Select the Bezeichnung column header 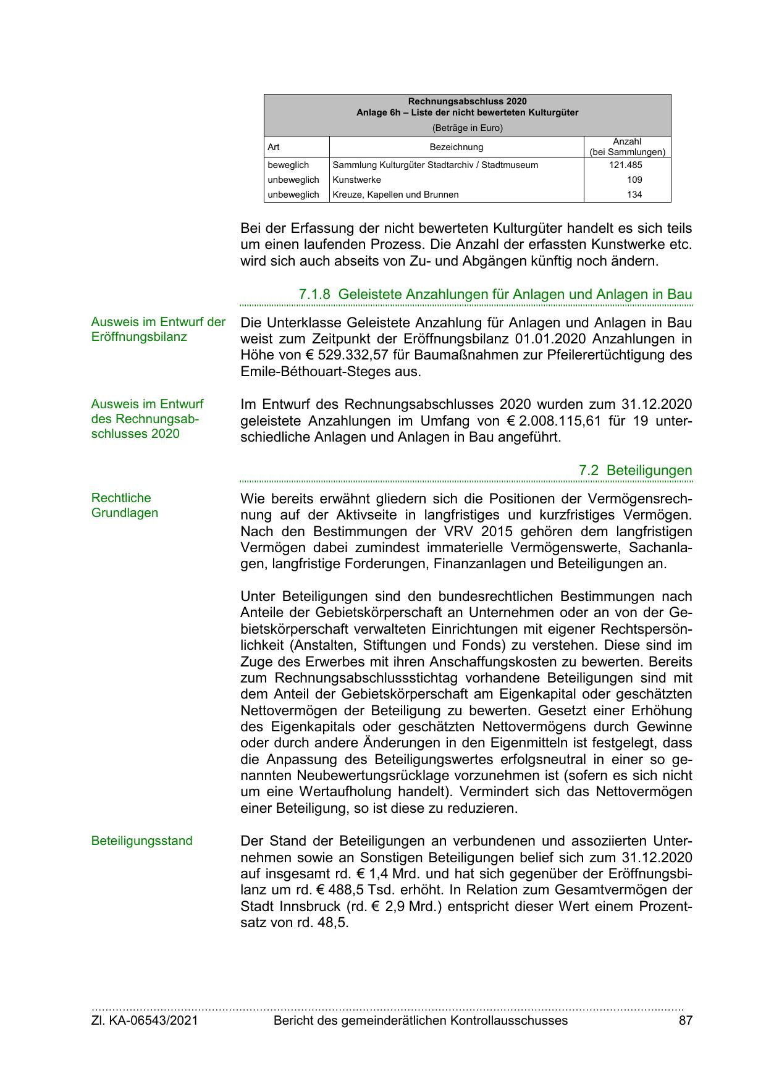click(456, 147)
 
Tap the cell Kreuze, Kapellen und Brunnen click(395, 195)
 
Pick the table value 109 click(634, 180)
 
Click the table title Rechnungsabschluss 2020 click(467, 101)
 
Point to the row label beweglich click(288, 165)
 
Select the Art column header click(274, 147)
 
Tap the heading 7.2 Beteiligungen click(635, 470)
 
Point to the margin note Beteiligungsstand click(141, 841)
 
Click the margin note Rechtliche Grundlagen click(124, 505)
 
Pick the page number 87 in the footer click(685, 1020)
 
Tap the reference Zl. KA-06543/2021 click(145, 1020)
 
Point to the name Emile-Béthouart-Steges click(330, 372)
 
